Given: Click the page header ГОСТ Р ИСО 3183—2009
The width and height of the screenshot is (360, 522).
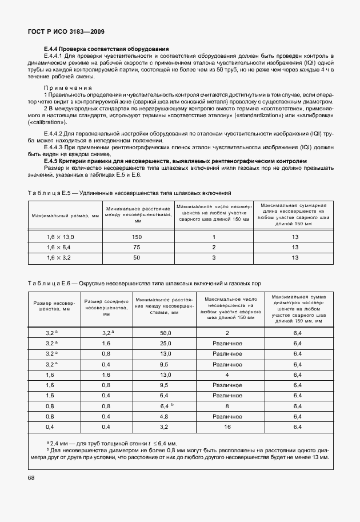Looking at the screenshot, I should [66, 31].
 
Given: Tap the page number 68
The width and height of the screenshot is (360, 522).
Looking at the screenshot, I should [31, 477].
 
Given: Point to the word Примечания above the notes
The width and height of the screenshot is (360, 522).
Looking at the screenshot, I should [68, 87].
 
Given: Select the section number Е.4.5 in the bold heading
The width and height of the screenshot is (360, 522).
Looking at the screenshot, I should [53, 161].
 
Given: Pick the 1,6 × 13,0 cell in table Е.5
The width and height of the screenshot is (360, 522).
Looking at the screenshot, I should [60, 237].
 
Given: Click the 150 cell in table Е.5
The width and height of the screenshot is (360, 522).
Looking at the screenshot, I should [137, 237].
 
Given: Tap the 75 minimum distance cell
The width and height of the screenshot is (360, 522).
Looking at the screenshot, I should [137, 248].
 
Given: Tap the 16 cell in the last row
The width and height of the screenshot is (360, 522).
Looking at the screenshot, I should [227, 427].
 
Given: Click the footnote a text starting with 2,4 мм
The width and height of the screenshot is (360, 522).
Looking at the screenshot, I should [114, 443].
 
